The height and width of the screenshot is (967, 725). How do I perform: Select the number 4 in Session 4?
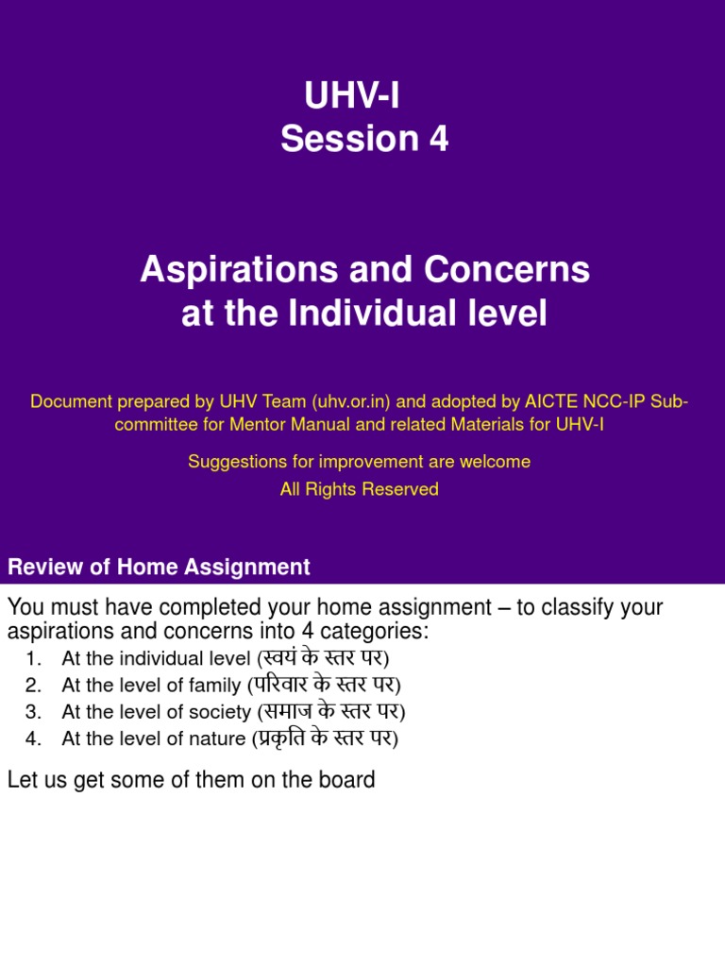point(438,140)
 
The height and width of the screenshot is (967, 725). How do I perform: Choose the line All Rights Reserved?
point(360,489)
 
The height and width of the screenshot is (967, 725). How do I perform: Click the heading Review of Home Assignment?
point(159,568)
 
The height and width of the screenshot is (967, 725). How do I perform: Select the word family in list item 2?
point(216,686)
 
